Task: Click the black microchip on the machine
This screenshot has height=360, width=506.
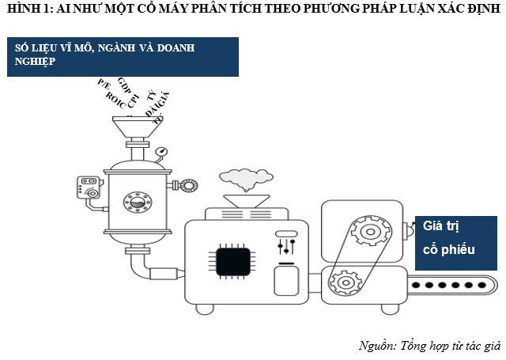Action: [233, 261]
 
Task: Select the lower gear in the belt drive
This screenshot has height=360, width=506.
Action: [344, 281]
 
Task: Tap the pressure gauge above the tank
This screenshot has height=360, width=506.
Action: [161, 151]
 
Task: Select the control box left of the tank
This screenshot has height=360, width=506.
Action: [88, 188]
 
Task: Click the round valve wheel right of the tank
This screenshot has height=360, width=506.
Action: [189, 185]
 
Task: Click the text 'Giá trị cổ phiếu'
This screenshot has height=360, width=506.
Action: [448, 237]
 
